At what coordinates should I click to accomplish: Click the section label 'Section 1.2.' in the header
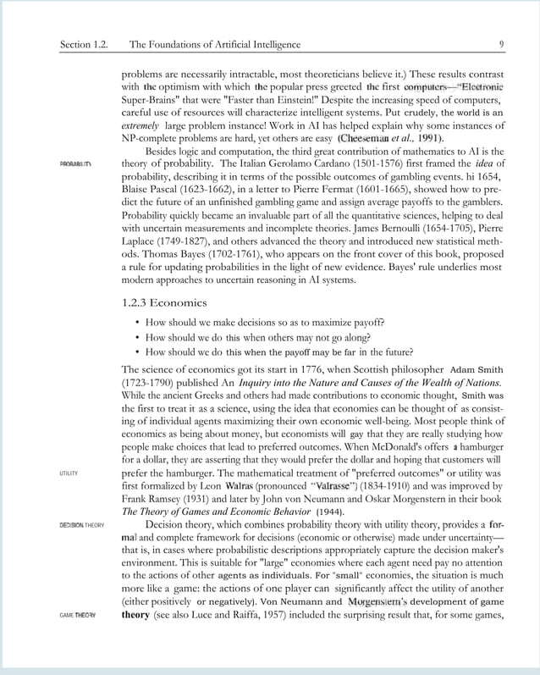tap(84, 44)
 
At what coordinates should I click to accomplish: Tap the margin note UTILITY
tap(69, 473)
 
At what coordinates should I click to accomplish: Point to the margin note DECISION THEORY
tap(81, 525)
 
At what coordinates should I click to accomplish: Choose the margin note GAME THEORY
tap(77, 615)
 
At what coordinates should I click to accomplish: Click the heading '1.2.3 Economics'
tap(164, 302)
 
